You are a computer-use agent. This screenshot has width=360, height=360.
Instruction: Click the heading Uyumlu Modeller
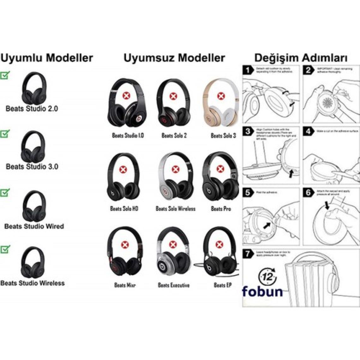(47, 58)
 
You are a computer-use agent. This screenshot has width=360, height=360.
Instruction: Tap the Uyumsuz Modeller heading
(174, 58)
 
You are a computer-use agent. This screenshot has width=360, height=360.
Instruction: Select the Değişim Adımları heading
(301, 58)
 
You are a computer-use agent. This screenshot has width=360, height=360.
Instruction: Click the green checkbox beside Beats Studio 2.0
(5, 75)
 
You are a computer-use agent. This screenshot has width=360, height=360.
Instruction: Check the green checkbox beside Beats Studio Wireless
(5, 249)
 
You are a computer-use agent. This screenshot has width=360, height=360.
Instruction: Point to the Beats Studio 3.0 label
(32, 166)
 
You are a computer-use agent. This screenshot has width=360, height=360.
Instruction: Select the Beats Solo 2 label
(174, 135)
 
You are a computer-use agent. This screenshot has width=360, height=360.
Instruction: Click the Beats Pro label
(221, 209)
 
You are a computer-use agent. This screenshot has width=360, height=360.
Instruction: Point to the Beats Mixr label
(125, 285)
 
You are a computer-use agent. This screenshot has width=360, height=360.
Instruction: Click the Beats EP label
(223, 285)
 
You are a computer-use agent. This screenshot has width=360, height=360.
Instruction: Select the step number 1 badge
(249, 70)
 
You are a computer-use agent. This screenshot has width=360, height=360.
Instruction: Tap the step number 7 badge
(249, 253)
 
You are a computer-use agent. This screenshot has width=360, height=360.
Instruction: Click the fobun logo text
(262, 291)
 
